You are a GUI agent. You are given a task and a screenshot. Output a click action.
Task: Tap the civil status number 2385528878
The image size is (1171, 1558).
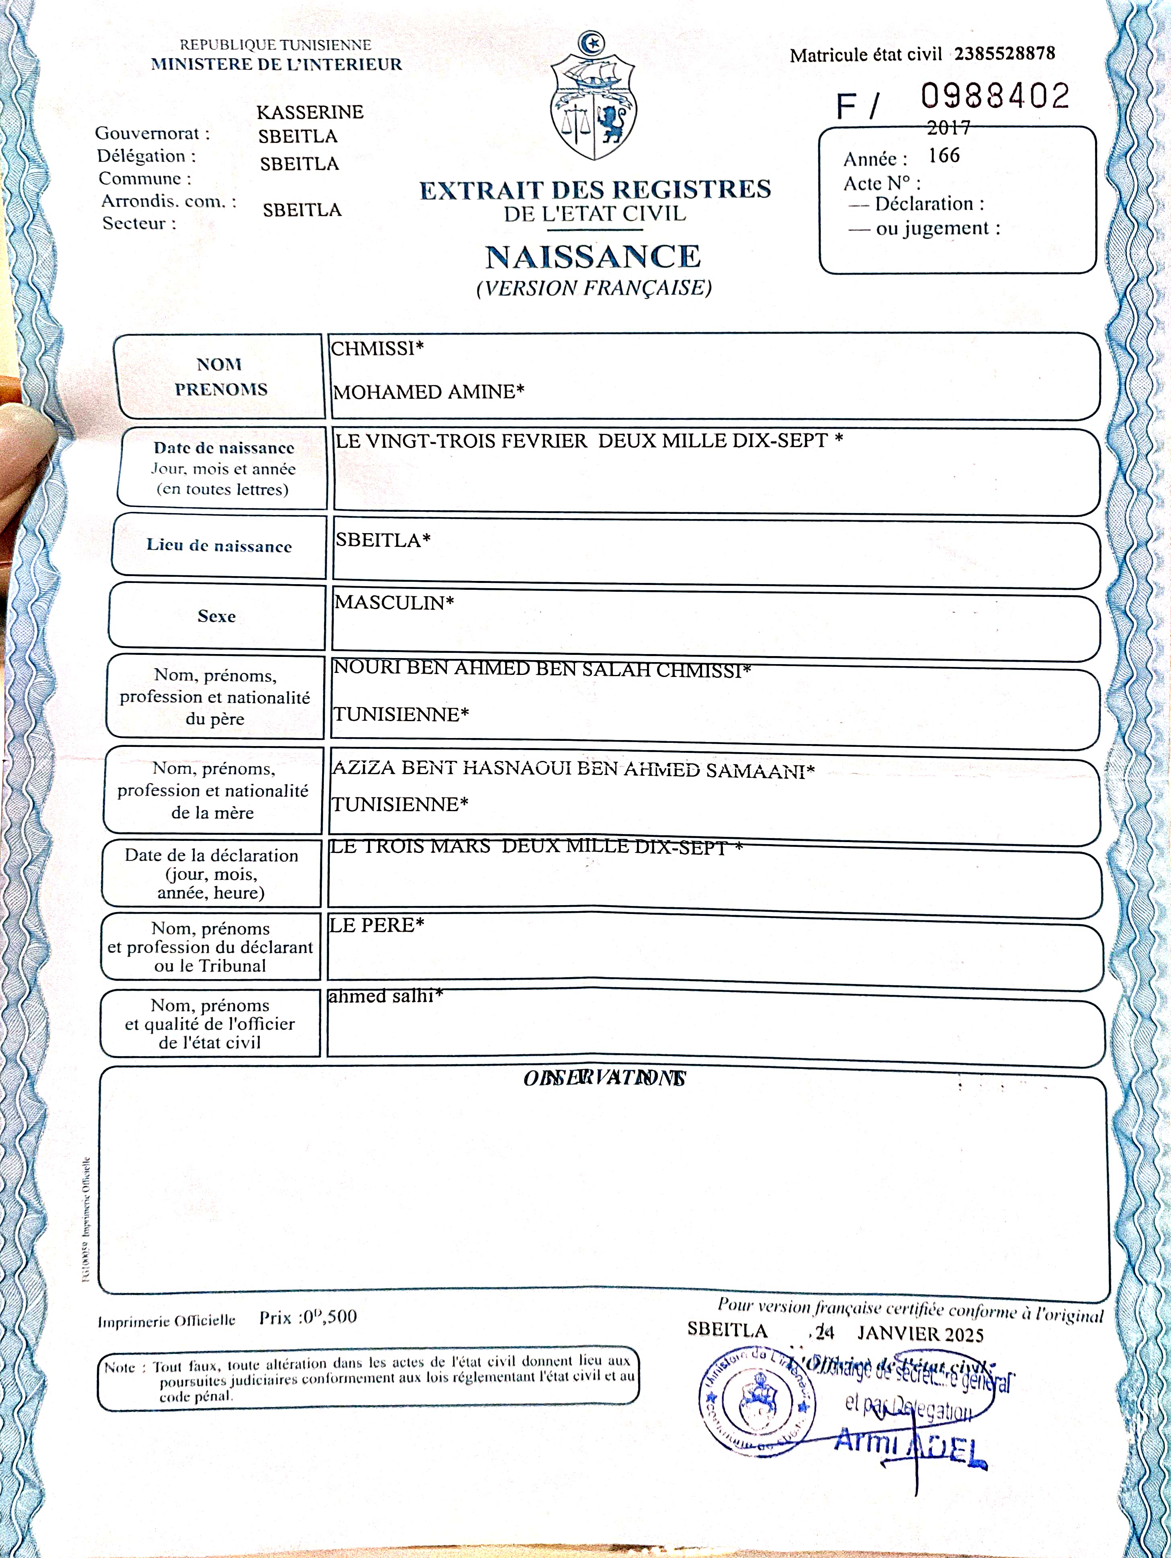tap(1004, 53)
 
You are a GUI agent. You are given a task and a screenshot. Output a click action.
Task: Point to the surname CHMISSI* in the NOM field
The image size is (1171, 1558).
tap(377, 348)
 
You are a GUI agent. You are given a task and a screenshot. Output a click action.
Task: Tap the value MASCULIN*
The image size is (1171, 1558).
tap(394, 602)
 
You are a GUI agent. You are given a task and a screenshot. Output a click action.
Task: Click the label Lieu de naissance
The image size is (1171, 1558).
tap(219, 546)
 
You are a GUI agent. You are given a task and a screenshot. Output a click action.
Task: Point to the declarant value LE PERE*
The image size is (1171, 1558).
tap(376, 925)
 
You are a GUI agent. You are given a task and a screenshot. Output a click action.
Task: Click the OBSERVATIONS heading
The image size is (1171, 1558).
tap(604, 1078)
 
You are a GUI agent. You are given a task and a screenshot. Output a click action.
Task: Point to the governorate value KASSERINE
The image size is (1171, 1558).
tap(310, 112)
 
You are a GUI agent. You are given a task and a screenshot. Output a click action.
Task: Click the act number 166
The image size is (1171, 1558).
tap(944, 155)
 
